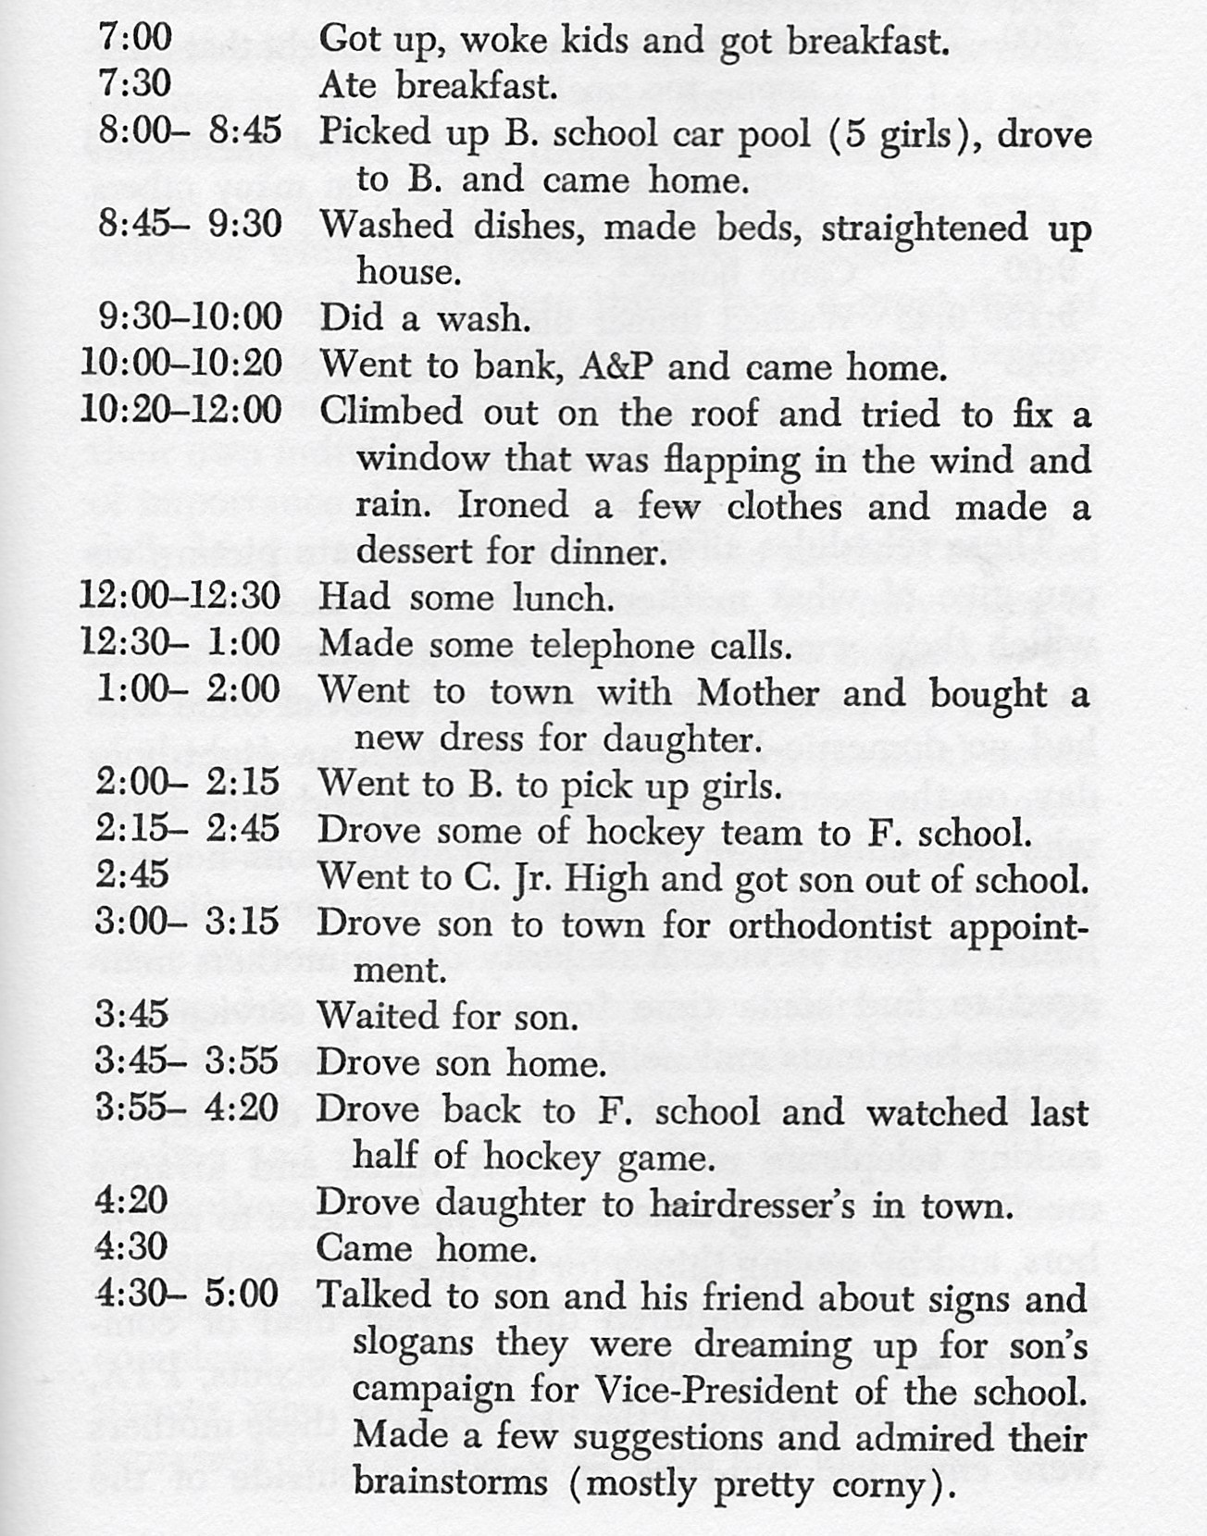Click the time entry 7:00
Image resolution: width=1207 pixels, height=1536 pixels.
click(x=135, y=38)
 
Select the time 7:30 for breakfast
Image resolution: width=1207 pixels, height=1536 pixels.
click(x=135, y=84)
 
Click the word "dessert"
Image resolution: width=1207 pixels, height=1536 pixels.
click(x=415, y=552)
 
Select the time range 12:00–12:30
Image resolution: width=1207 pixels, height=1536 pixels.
click(x=180, y=596)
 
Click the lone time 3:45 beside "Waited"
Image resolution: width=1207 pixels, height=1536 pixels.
click(x=131, y=1015)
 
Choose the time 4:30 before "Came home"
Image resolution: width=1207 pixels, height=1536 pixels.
click(x=131, y=1247)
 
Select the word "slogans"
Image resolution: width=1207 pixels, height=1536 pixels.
click(x=414, y=1344)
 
